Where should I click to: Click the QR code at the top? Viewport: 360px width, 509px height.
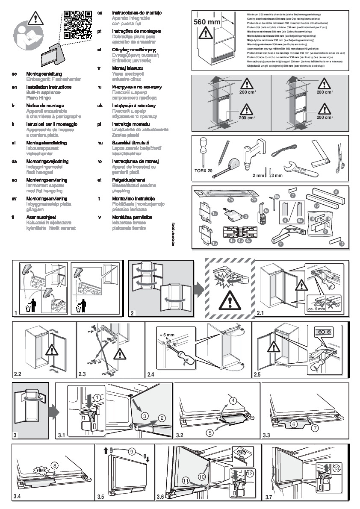[78, 25]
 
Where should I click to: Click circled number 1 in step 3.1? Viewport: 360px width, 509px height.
[97, 397]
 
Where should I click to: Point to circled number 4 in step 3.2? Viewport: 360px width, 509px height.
[233, 401]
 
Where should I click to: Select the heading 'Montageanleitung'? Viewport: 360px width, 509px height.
[44, 74]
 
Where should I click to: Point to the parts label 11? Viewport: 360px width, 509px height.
[281, 244]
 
